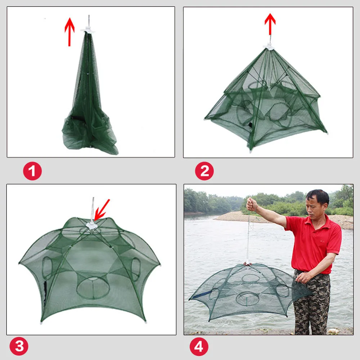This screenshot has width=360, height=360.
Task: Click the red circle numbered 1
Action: click(32, 171)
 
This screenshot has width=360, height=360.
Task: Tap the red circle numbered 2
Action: click(204, 171)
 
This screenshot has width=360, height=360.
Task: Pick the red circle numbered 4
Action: click(199, 347)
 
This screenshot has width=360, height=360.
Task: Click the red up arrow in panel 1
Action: click(69, 32)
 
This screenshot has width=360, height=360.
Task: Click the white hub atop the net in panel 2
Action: click(269, 47)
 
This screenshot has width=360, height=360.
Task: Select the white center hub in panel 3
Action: click(92, 225)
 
